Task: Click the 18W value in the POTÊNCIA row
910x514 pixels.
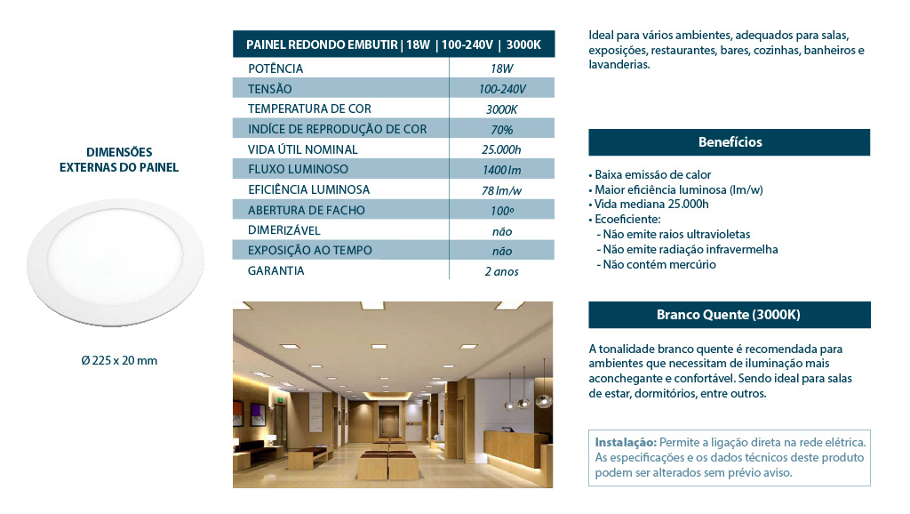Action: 501,68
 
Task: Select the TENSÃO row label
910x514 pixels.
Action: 269,89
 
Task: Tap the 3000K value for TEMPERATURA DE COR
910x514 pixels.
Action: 501,109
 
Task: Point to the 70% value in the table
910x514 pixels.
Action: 501,130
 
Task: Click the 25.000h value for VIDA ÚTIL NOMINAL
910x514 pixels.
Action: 501,149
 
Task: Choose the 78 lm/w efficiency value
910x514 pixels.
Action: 501,190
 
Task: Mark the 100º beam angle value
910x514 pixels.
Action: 501,211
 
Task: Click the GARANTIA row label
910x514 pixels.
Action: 275,270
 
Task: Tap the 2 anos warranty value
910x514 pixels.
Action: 501,271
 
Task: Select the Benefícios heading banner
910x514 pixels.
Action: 729,142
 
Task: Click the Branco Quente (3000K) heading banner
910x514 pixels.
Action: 729,315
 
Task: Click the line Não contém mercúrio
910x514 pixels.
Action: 659,264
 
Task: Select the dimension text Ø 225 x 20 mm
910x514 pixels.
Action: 119,360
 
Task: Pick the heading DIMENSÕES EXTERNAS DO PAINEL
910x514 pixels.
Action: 119,159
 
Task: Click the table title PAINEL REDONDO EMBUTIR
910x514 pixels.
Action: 321,44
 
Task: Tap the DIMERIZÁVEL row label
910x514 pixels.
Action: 284,230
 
